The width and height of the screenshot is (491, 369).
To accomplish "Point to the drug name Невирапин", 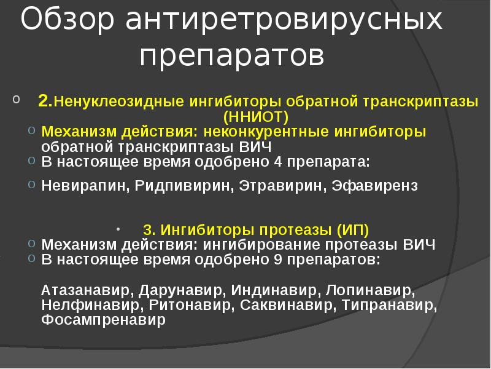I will point(83,186).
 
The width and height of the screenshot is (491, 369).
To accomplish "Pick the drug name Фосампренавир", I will point(104,320).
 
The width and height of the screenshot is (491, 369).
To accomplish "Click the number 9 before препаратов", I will point(279,260).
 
